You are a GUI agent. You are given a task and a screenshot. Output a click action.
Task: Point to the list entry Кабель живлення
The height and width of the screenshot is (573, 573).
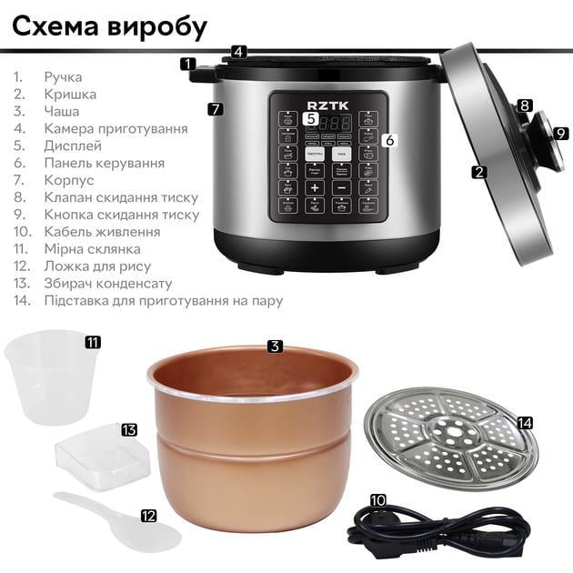point(102,231)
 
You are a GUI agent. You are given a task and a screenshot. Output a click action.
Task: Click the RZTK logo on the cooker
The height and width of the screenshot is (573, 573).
point(328,102)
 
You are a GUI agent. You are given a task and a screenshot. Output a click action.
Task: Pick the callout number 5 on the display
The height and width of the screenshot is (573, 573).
point(310,118)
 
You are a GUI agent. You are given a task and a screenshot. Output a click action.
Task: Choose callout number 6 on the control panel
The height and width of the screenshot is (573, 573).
point(388,140)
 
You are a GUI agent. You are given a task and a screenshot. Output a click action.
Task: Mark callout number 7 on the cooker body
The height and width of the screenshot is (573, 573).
point(215,109)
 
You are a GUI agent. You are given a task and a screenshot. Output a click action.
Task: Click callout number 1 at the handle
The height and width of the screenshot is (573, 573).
point(188,64)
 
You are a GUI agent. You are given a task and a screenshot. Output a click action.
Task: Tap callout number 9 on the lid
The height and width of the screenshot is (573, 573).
point(561,133)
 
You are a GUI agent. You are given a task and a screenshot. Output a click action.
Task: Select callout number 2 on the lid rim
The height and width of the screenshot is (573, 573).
point(479,170)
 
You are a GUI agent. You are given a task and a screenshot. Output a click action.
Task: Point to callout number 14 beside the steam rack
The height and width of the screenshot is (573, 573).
point(524,423)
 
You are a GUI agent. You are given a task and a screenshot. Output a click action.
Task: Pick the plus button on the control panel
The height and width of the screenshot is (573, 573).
point(314,188)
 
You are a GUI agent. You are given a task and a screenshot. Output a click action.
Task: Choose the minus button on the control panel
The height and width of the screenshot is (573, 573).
point(342,188)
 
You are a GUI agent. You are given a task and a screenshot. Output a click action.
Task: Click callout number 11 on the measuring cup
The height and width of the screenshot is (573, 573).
point(93,343)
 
